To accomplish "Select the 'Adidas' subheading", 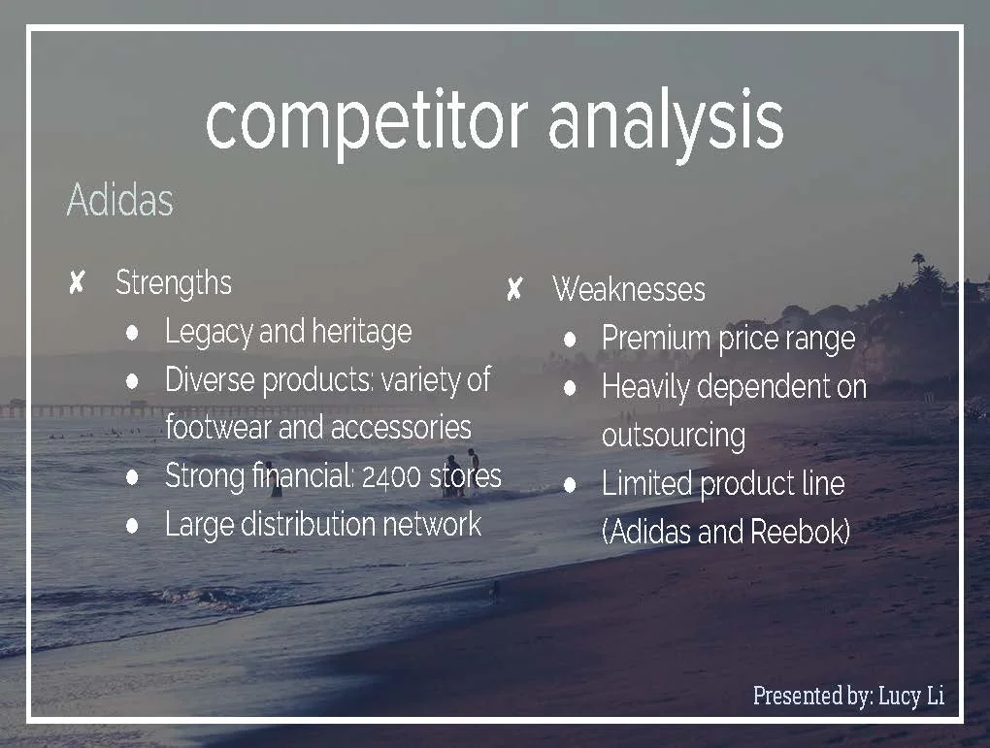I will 119,200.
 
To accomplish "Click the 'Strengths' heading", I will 174,282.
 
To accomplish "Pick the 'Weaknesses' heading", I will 629,288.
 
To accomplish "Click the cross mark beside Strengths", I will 78,283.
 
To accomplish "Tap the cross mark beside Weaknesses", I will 514,288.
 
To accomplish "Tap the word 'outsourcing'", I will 674,435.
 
